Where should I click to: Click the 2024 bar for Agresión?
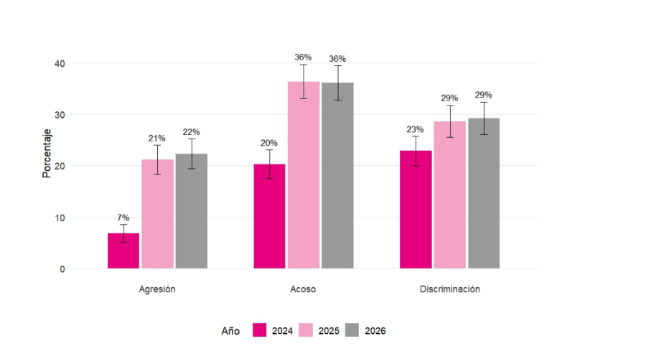coord(123,251)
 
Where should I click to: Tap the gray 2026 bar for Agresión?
coord(192,211)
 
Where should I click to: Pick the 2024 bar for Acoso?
coord(269,216)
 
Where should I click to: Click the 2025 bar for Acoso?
coord(304,175)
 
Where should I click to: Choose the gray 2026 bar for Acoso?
coord(337,176)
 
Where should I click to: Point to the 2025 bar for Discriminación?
coord(450,195)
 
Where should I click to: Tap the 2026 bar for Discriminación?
coord(484,193)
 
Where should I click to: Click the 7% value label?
coord(123,218)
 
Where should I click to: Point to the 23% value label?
coord(416,129)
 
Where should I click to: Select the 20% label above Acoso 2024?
coord(269,142)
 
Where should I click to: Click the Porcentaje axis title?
coord(47,154)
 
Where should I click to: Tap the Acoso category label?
coord(303,289)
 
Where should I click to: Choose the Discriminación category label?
coord(449,289)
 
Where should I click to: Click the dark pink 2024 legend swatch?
coord(260,330)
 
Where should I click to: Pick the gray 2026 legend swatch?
coord(352,330)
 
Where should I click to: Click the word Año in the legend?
coord(230,331)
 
